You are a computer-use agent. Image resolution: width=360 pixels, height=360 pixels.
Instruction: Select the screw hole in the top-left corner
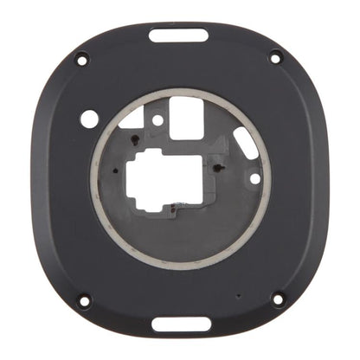tap(81, 59)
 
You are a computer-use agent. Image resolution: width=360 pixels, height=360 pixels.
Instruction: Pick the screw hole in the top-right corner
tap(276, 58)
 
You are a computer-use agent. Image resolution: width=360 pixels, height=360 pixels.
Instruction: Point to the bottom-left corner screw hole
tap(84, 301)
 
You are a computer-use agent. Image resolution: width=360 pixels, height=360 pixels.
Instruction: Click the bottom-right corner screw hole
tap(277, 299)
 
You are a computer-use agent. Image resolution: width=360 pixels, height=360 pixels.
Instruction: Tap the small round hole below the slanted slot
tap(254, 177)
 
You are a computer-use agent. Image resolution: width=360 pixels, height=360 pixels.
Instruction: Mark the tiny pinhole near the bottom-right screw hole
tap(238, 295)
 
